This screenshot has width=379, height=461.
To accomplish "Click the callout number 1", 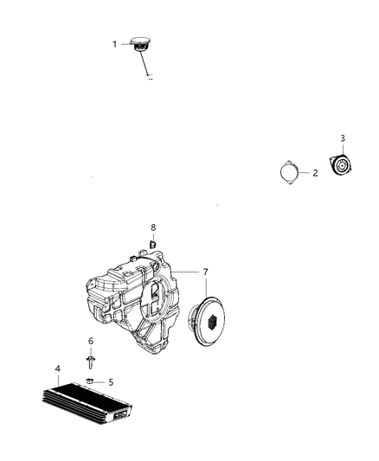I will pyautogui.click(x=113, y=43).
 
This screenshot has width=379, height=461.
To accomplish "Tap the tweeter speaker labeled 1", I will pyautogui.click(x=140, y=43).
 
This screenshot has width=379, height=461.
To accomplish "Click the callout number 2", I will pyautogui.click(x=315, y=173).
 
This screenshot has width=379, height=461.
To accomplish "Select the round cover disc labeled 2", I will pyautogui.click(x=287, y=172).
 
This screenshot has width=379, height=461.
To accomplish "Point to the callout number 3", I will pyautogui.click(x=343, y=138).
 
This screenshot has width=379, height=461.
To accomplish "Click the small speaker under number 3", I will pyautogui.click(x=344, y=164).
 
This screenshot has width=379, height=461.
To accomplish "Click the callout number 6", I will pyautogui.click(x=90, y=342).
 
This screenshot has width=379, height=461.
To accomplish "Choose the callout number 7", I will pyautogui.click(x=205, y=272).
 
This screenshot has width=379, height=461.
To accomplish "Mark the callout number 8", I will pyautogui.click(x=153, y=227).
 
